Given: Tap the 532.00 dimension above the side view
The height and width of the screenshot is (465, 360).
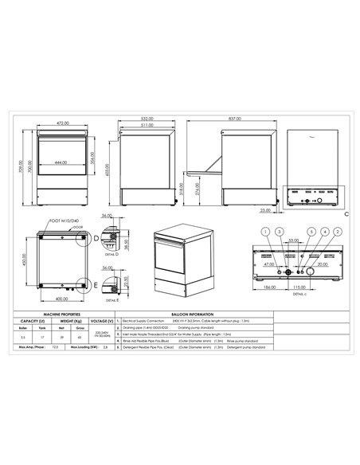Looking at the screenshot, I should tap(145, 119).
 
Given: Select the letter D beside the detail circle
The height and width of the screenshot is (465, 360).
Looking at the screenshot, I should tap(96, 237).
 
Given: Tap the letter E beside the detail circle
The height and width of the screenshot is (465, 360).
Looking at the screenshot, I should tap(96, 284).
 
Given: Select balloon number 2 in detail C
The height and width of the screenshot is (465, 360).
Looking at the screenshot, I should tap(338, 231).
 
